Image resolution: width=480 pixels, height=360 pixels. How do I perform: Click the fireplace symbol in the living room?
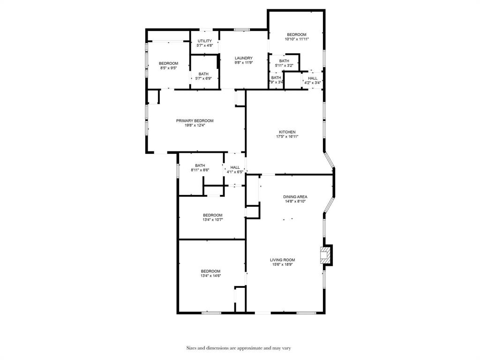point(324,255)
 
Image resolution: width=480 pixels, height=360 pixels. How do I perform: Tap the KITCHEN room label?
point(287,132)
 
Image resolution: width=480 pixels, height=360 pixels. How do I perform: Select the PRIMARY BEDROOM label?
point(195,120)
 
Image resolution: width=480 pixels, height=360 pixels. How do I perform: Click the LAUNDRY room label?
point(244,58)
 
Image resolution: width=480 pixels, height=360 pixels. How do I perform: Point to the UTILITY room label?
point(204,41)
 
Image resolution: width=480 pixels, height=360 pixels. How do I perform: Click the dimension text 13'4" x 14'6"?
point(210,276)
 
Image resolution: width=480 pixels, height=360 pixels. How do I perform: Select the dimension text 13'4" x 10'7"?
point(212,219)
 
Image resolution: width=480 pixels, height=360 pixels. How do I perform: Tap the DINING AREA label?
point(295,196)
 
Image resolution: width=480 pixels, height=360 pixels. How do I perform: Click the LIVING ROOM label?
point(282,260)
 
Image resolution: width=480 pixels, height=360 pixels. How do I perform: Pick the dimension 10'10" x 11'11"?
point(297,39)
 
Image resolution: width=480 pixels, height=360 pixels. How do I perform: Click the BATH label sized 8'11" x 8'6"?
point(200,165)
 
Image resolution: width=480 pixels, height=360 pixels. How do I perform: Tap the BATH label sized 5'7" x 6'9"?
point(203,74)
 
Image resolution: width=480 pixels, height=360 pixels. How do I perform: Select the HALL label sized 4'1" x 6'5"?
point(235,167)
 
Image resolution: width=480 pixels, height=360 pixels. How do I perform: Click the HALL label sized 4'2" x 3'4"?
point(313,78)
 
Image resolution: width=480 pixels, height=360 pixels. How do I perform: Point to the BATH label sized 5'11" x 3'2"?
point(284,61)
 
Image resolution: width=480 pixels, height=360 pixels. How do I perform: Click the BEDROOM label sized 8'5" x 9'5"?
point(168,63)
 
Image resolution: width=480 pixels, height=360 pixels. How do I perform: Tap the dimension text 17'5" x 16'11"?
point(287,136)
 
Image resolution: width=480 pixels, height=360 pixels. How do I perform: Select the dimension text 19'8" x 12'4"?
point(195,125)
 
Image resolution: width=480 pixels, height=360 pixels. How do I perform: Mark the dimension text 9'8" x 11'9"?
point(244,63)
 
